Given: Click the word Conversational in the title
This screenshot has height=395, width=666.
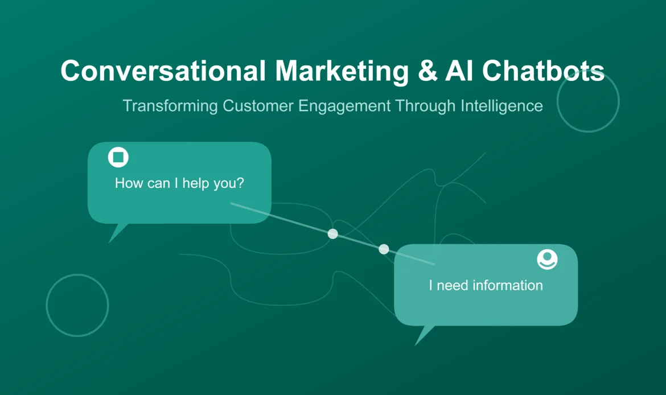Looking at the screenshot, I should tap(163, 71).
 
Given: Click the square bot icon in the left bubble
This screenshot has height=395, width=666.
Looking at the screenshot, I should tap(118, 157).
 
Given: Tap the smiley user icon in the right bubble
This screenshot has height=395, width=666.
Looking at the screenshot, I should tap(547, 259).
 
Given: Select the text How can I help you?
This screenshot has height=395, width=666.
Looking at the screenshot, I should tap(179, 183).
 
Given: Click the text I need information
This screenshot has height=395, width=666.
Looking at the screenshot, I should tap(486, 285).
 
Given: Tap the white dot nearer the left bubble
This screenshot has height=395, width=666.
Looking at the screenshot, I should tap(333, 233).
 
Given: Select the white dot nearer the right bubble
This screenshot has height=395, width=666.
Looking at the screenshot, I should tap(384, 249).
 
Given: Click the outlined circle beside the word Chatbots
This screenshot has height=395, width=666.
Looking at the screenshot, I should tap(588, 101).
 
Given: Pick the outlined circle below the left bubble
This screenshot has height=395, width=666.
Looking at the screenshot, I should tap(77, 305).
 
